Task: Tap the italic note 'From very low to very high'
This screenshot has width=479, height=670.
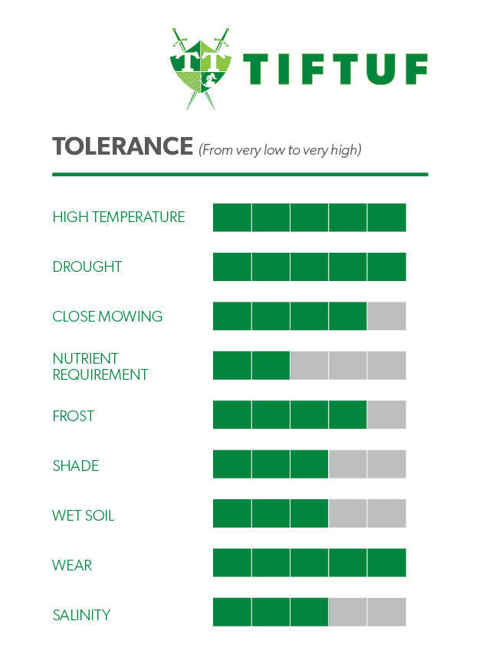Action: pos(280,150)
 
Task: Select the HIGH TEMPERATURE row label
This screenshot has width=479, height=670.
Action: pos(119,217)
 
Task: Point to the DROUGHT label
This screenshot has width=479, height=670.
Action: pos(87,267)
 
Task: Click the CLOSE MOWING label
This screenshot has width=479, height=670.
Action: pos(107,316)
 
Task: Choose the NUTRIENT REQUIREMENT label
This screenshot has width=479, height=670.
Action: pos(100,367)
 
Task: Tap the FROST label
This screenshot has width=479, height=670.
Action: pos(74,416)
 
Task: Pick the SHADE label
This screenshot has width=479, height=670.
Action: pos(76,466)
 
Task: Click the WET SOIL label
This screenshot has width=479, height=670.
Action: pos(84,515)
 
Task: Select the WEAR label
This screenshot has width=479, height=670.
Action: pos(72,565)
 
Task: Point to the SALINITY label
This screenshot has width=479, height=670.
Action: pos(81,615)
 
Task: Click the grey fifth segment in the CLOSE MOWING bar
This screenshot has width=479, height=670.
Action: pos(386,316)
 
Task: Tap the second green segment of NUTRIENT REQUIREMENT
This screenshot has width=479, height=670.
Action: pos(271,366)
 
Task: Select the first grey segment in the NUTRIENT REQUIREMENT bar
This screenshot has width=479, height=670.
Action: pos(309,366)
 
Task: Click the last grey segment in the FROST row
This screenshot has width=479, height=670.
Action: pos(386,416)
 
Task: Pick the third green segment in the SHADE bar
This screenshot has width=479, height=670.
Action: pos(309,465)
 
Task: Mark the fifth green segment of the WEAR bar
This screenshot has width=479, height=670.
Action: pos(386,563)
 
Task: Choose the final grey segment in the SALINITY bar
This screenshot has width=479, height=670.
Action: pos(386,613)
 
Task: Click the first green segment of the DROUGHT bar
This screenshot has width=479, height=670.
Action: pos(231,266)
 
